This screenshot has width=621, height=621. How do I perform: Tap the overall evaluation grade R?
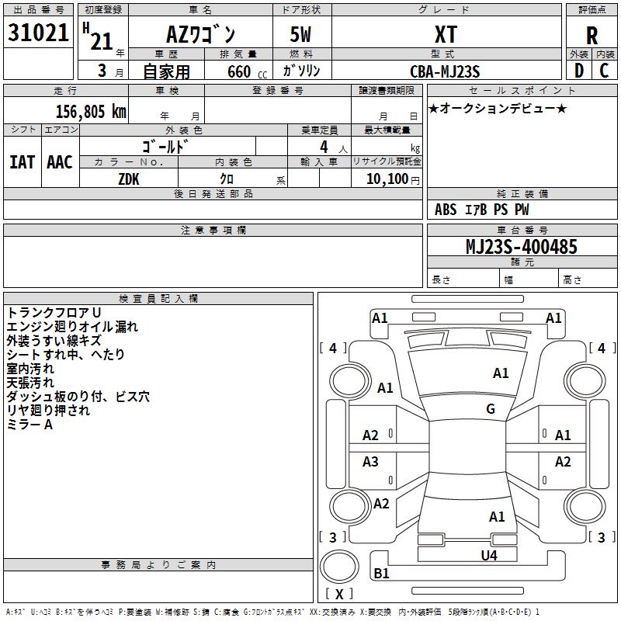point(592,35)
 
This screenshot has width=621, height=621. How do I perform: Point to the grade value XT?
point(446,34)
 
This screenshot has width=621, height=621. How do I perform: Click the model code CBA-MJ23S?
point(446,71)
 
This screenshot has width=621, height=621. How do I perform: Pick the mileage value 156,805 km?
point(91,111)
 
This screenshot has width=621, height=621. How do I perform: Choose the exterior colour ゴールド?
point(166,146)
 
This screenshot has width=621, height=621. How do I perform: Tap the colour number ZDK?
point(129,178)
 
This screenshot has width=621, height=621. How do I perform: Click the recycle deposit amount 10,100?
point(386,179)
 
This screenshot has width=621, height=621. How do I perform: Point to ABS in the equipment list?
point(446,210)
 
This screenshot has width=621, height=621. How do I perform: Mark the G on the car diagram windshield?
point(491,409)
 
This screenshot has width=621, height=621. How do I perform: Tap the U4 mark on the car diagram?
point(488,555)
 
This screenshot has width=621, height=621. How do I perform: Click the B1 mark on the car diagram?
point(381,574)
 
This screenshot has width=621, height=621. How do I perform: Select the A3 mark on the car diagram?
point(370,462)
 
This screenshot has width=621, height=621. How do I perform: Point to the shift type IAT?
point(22,162)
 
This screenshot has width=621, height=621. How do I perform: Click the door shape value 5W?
point(302,34)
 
